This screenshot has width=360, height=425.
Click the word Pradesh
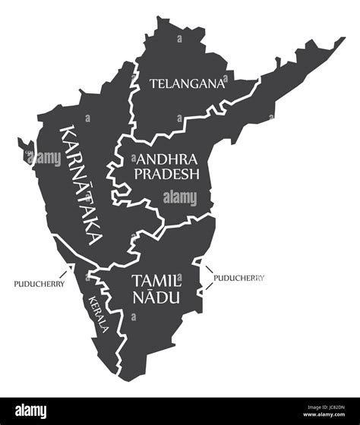(x=167, y=173)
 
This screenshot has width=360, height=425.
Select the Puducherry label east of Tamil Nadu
(x=239, y=278)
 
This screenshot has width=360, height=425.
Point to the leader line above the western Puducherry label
(x=68, y=269)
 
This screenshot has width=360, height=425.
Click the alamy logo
(x=30, y=411)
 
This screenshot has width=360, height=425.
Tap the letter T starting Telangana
(x=153, y=83)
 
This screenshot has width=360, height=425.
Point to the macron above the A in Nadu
(x=148, y=289)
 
